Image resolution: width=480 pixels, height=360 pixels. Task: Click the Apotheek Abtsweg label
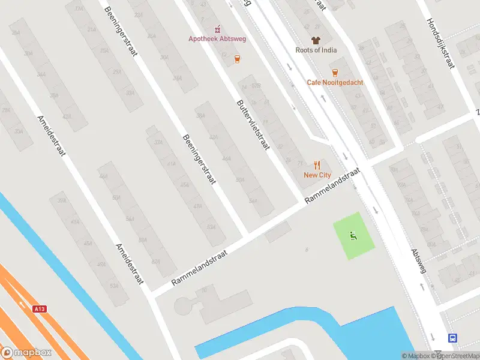(x=218, y=39)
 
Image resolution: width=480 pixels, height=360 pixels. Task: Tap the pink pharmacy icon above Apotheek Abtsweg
(x=218, y=29)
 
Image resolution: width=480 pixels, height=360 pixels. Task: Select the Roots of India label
(x=316, y=50)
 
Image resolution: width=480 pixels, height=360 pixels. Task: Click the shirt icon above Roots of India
(x=316, y=40)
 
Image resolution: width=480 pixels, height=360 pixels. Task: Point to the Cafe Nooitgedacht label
(x=335, y=82)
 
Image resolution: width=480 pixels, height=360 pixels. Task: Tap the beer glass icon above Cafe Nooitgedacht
(x=334, y=72)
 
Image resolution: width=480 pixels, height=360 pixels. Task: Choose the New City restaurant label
(x=317, y=175)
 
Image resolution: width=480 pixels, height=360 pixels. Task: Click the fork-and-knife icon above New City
(x=317, y=164)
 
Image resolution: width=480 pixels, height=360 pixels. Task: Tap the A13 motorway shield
(x=40, y=308)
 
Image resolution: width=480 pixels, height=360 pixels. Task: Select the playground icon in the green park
(x=353, y=236)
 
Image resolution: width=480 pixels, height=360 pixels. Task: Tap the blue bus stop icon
(x=452, y=338)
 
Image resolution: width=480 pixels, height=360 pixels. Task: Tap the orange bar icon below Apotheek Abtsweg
(x=238, y=58)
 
